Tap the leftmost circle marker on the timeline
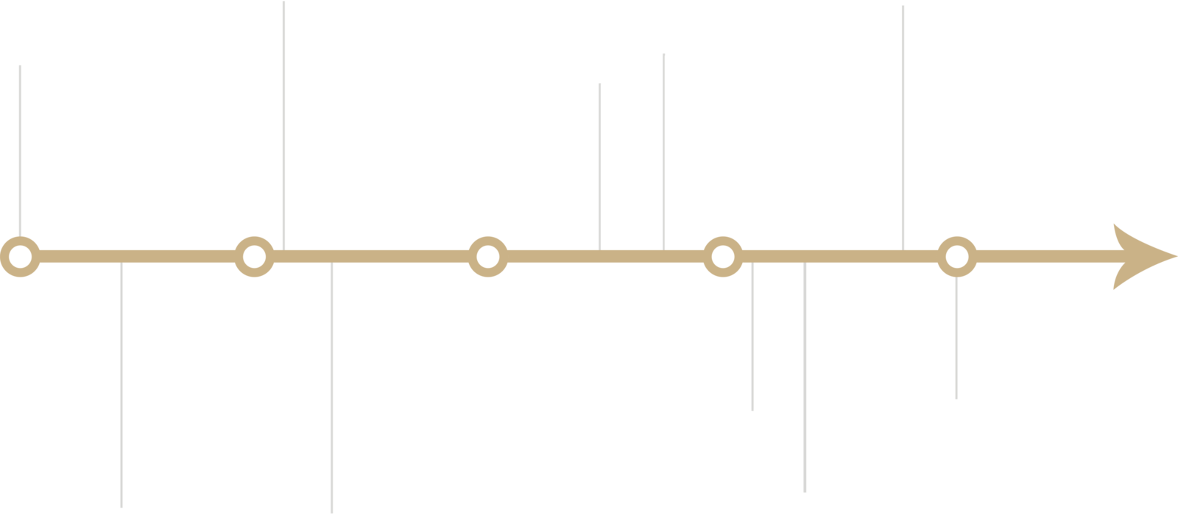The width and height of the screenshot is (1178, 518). (x=20, y=257)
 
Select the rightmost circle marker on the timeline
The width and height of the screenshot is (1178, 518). (x=956, y=257)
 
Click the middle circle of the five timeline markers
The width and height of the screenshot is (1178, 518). (x=487, y=257)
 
